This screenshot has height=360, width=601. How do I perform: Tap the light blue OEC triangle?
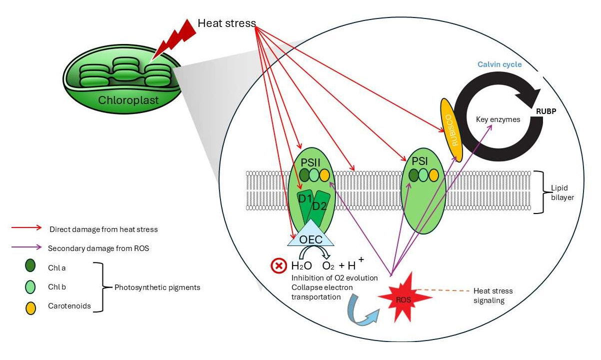[x=311, y=236]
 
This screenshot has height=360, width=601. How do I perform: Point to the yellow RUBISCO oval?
[x=451, y=129]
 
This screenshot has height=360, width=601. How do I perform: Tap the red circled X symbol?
[x=278, y=265]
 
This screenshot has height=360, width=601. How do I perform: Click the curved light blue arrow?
[x=361, y=308]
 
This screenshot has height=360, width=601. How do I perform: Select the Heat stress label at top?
[x=226, y=23]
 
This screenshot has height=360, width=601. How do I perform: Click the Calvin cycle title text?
[x=499, y=64]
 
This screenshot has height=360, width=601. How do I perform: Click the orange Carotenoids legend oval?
[x=30, y=305]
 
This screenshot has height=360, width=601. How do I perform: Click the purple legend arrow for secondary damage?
[x=27, y=247]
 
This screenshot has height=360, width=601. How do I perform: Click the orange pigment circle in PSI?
[x=433, y=175]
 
